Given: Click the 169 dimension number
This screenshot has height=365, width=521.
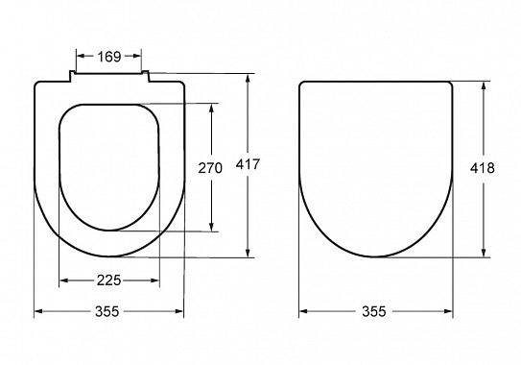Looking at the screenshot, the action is (109, 57).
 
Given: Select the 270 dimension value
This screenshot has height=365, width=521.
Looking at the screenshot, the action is (210, 168).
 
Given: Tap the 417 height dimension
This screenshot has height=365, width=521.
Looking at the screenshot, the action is (248, 164).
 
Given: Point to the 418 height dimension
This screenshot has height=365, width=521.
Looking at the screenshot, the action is (482, 168).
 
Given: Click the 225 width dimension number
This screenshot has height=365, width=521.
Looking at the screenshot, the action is (109, 280).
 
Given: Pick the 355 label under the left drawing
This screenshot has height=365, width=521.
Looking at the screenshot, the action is (107, 311).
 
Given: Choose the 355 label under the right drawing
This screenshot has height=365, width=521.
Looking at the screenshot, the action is (374, 311).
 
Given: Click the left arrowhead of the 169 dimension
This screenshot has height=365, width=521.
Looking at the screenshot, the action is (81, 57).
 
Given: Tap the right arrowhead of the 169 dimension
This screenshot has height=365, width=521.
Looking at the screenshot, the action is (137, 57).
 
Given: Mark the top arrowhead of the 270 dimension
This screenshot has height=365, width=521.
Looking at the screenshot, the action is (211, 108).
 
